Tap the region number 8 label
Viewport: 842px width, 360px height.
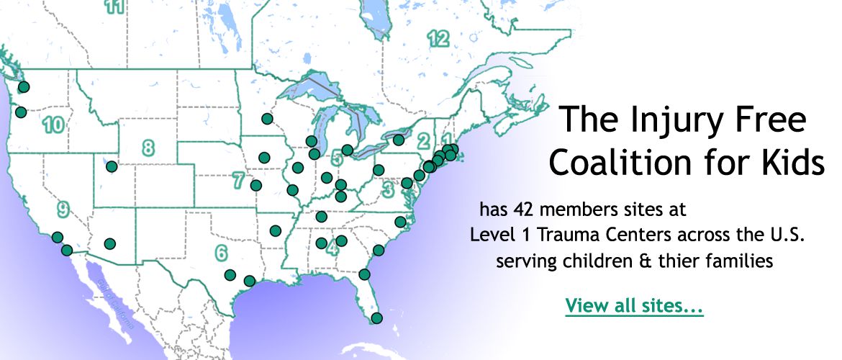click(148, 149)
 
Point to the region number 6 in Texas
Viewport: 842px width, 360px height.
click(221, 253)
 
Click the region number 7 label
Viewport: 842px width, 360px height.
click(238, 181)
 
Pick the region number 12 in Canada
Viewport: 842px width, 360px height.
click(438, 38)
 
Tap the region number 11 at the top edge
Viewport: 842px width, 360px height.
click(114, 6)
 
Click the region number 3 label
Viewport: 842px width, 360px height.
click(388, 190)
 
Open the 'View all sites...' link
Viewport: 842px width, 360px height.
click(634, 305)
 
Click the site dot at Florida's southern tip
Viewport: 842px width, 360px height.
click(377, 318)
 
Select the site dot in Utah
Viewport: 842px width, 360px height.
click(112, 166)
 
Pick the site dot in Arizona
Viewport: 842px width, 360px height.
click(109, 243)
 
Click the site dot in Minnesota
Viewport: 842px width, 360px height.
click(267, 118)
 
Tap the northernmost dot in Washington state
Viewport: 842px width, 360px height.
click(24, 87)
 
